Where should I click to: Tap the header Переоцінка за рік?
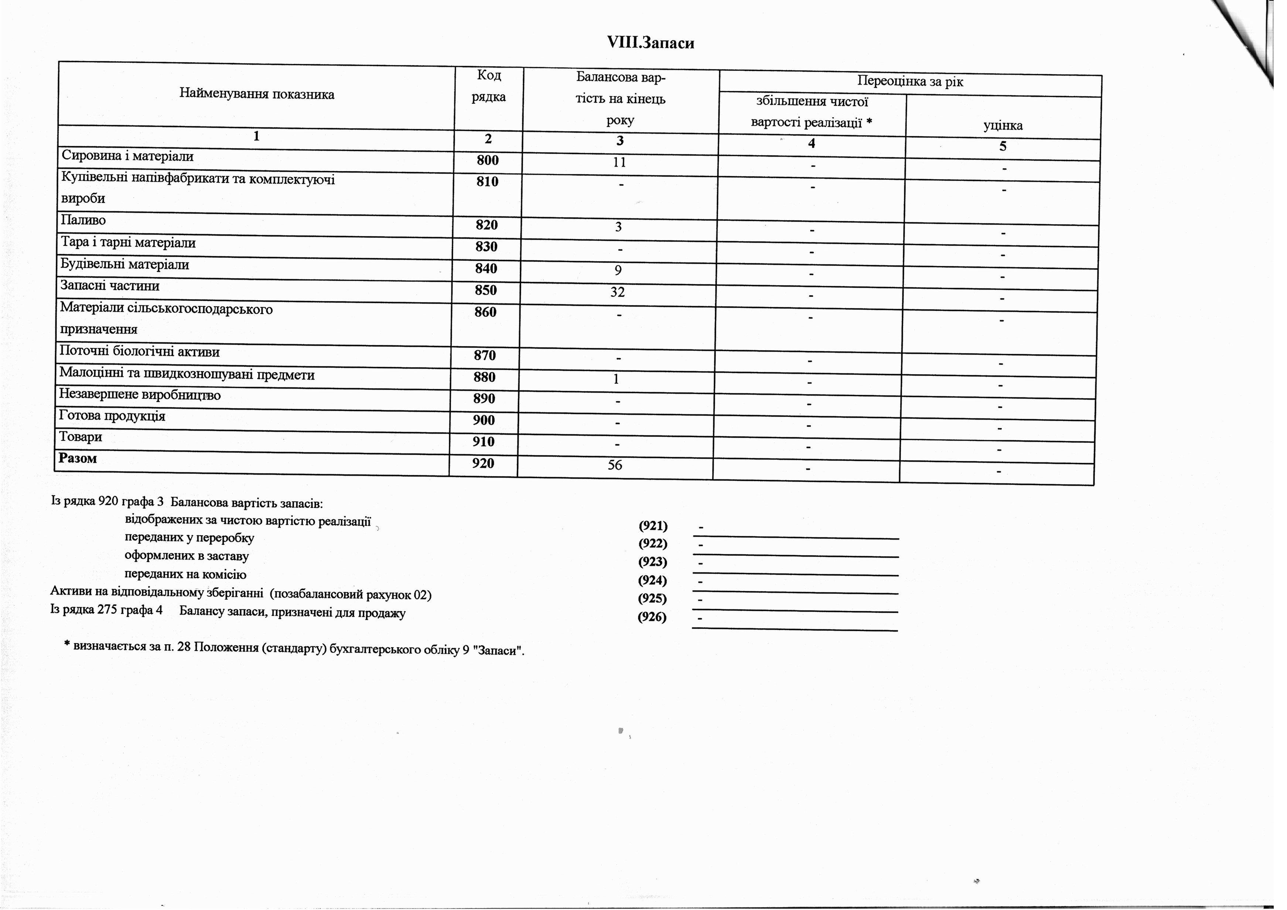click(x=910, y=82)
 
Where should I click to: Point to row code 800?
click(x=487, y=161)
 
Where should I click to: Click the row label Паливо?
click(x=83, y=220)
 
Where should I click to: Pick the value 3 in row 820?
click(x=618, y=227)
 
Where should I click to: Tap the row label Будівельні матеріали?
click(x=124, y=264)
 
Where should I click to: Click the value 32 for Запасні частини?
click(x=617, y=292)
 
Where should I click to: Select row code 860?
click(x=485, y=312)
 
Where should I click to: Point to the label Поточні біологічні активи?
click(x=140, y=352)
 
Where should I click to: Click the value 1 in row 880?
click(x=616, y=379)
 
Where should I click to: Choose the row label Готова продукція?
click(x=112, y=416)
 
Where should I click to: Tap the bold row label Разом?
click(x=78, y=458)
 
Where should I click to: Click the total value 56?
click(x=615, y=465)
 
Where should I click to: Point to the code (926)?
click(x=652, y=617)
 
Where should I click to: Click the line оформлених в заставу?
click(x=187, y=556)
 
